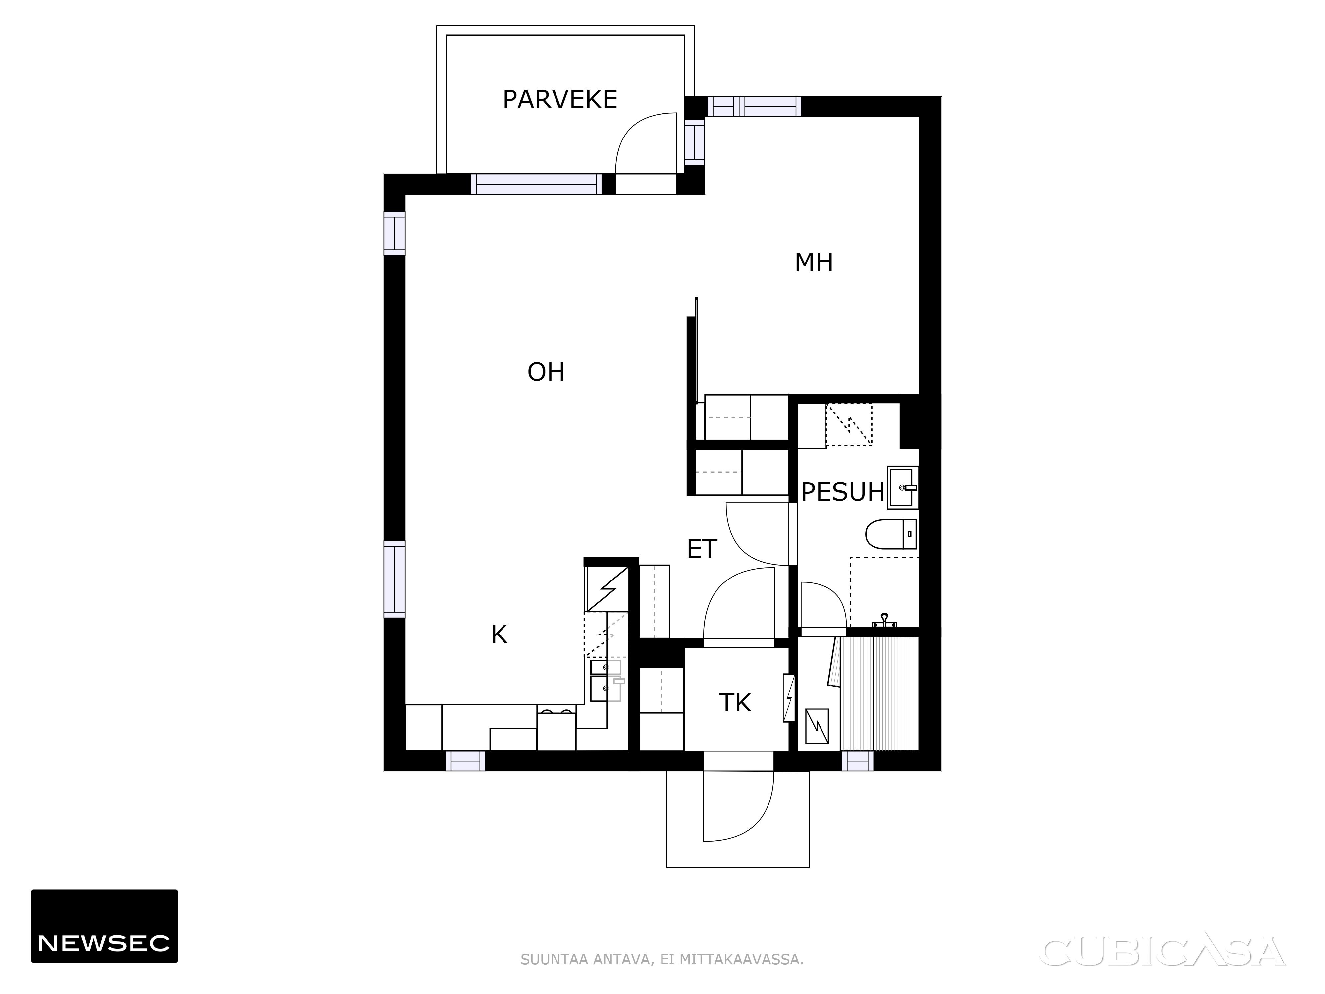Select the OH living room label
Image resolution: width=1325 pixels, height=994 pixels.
pyautogui.click(x=546, y=373)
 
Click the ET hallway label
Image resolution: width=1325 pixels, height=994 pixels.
pyautogui.click(x=702, y=549)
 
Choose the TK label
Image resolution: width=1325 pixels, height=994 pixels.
pyautogui.click(x=735, y=703)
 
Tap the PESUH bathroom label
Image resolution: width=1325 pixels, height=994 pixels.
pyautogui.click(x=843, y=492)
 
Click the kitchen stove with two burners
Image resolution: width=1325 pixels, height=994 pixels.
pyautogui.click(x=556, y=730)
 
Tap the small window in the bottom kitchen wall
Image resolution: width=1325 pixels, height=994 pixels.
pyautogui.click(x=465, y=761)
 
